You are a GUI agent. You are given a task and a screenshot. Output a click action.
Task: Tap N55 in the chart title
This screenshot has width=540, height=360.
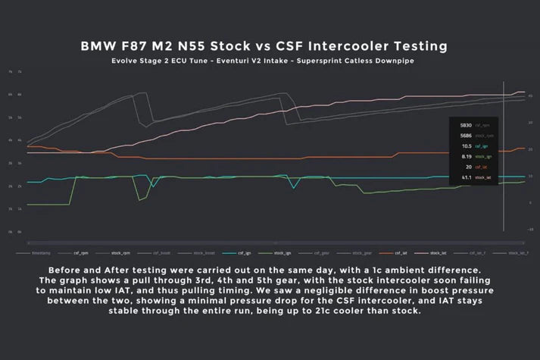click(x=209, y=46)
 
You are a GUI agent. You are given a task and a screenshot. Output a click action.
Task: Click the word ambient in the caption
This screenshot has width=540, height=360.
click(x=429, y=271)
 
